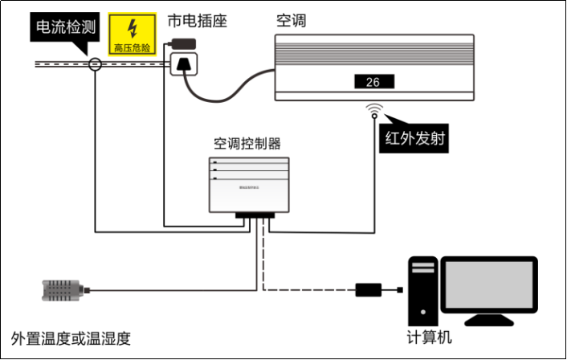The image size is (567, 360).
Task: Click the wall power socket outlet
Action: pyautogui.click(x=184, y=63)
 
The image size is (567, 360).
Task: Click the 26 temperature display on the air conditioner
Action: pyautogui.click(x=373, y=82)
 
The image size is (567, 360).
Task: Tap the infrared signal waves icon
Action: pyautogui.click(x=374, y=108)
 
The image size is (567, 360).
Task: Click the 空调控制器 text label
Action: pyautogui.click(x=247, y=144)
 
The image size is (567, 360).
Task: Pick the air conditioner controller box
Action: pyautogui.click(x=248, y=184)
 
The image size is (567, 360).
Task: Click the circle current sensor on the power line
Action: pyautogui.click(x=96, y=64)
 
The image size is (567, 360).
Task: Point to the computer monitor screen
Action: pyautogui.click(x=489, y=285)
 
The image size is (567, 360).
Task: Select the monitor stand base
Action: pyautogui.click(x=489, y=320)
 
